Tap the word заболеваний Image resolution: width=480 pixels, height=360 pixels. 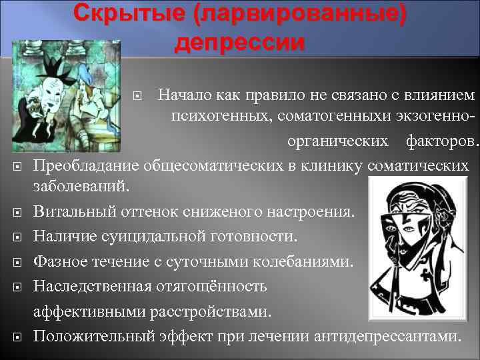point(83,187)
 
